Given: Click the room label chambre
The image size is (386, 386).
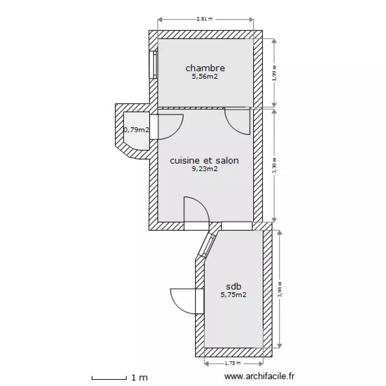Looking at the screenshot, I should point(205,68).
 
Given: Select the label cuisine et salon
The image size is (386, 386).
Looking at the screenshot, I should point(204,161).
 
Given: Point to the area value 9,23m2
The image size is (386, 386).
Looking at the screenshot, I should point(204,169).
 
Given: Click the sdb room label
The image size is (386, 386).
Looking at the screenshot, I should point(234,287).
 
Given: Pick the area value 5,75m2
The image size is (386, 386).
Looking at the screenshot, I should point(234,295).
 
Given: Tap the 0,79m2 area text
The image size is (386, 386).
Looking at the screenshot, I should point(136,130).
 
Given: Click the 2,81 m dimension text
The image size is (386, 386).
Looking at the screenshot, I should point(204,19).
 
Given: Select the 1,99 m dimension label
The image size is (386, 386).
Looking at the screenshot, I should point(274,73).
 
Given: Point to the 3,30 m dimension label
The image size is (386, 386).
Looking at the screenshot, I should point(274,165).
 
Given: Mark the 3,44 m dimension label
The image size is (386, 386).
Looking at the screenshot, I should point(280,290).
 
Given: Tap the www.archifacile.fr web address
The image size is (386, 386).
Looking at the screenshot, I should point(261,377).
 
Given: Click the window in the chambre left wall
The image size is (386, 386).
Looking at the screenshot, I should point(153,64).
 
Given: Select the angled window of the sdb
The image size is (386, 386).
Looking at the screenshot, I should point(208,245).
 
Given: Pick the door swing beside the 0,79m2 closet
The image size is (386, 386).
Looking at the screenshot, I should point(168,126).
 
